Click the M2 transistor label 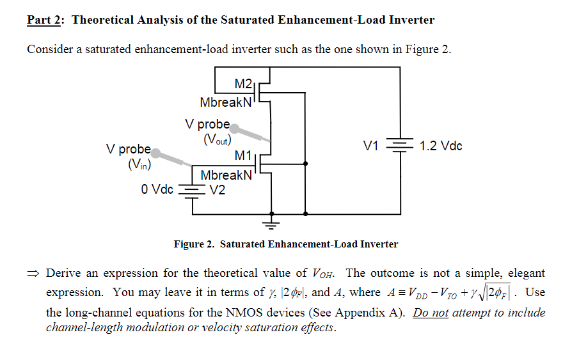pos(244,84)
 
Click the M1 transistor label pos(244,155)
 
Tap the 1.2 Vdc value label pos(441,146)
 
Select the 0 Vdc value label pos(157,189)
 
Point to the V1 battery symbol pos(401,146)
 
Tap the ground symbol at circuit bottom pos(272,223)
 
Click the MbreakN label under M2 pos(226,102)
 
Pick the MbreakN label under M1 pos(226,175)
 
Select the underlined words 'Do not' pos(431,313)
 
